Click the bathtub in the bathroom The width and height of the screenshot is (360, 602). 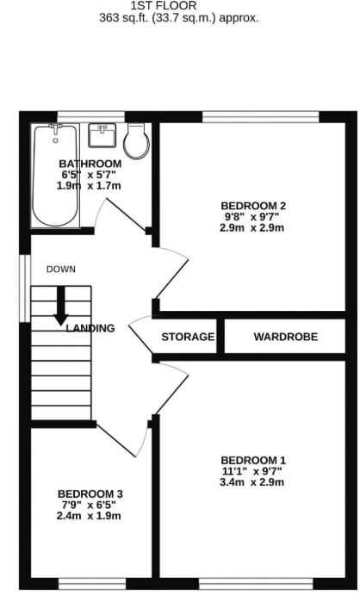56,176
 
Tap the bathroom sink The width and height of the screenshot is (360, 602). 102,135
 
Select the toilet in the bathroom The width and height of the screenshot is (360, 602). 136,141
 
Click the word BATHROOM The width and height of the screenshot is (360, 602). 90,164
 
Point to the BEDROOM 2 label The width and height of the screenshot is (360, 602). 253,206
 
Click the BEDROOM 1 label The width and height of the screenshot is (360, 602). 253,461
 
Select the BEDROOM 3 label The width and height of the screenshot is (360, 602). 90,494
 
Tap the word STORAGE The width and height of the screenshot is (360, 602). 188,337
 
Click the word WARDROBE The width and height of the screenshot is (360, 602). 286,337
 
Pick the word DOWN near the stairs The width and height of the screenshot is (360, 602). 61,270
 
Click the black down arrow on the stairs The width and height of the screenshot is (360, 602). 61,306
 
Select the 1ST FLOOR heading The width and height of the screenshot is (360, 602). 164,6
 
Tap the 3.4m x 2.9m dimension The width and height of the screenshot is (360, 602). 252,482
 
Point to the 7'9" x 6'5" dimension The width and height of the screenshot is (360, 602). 90,505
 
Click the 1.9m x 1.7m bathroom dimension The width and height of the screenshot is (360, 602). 89,186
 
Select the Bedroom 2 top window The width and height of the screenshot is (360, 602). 261,117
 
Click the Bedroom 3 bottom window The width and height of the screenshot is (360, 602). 92,584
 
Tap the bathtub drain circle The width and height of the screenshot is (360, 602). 56,141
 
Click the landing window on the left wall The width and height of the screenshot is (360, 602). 25,289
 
